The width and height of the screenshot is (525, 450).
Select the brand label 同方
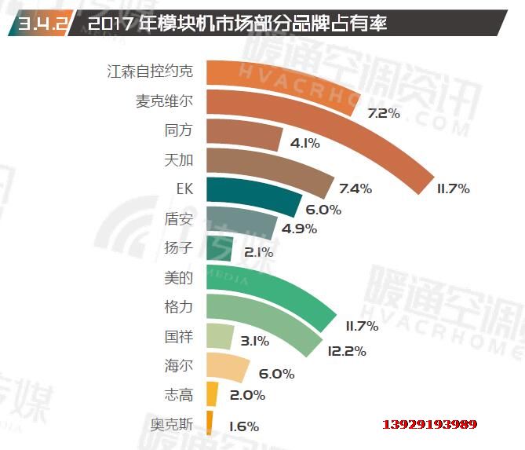(x=177, y=131)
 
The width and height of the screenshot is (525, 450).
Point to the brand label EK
(x=184, y=189)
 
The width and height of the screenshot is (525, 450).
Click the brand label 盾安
(x=178, y=219)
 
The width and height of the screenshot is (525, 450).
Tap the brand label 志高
(x=177, y=396)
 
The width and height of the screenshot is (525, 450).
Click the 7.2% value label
(x=384, y=114)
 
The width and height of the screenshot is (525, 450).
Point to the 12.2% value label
(x=346, y=351)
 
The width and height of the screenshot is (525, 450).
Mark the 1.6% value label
(x=243, y=426)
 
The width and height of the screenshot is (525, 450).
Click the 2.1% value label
(x=258, y=252)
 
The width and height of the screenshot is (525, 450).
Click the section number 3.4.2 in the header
(x=36, y=24)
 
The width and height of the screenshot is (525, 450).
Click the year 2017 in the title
(x=115, y=24)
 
